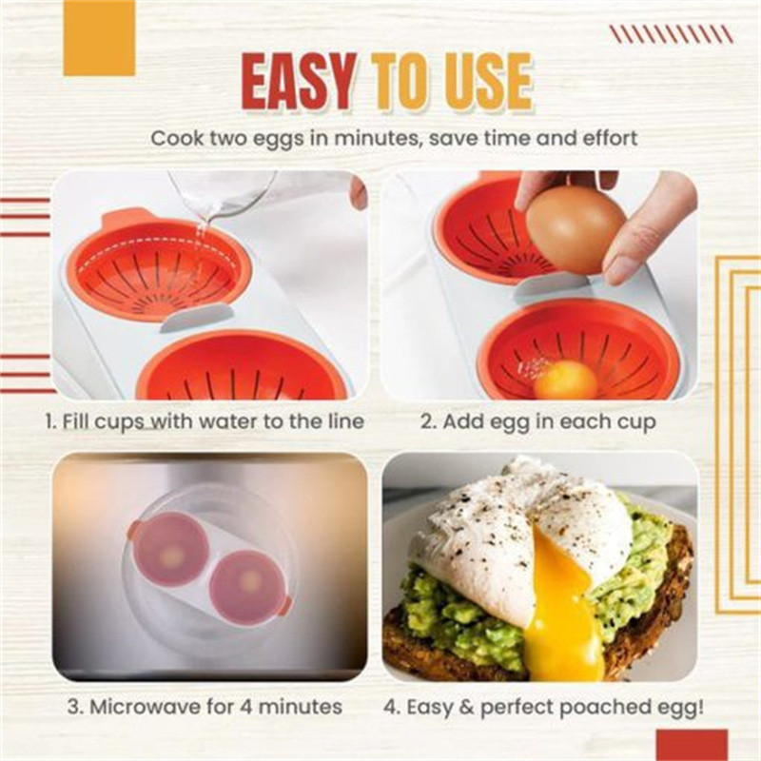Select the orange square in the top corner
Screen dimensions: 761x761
pos(99,38)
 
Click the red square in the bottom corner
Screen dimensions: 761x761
pos(693,745)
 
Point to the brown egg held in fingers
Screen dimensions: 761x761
pos(576,231)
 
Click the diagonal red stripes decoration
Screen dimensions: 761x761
pos(672,34)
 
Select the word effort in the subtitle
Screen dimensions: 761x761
pos(610,138)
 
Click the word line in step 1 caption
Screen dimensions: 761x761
pos(345,421)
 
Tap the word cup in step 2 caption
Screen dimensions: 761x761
pos(636,423)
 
